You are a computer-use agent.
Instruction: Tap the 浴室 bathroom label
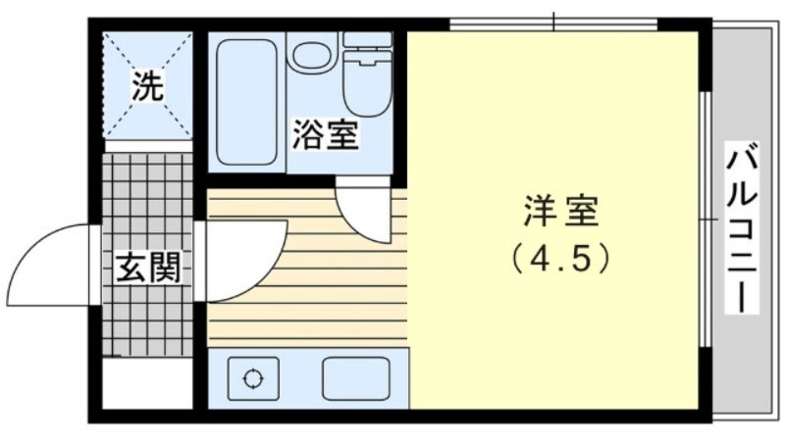(x=324, y=136)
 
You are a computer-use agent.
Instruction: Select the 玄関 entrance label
(x=150, y=267)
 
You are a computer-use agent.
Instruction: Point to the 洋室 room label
(x=560, y=212)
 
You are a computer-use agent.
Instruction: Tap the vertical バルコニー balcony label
(x=743, y=227)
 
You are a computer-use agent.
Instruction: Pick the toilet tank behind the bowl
(x=367, y=41)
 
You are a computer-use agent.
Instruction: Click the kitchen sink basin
(x=356, y=378)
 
